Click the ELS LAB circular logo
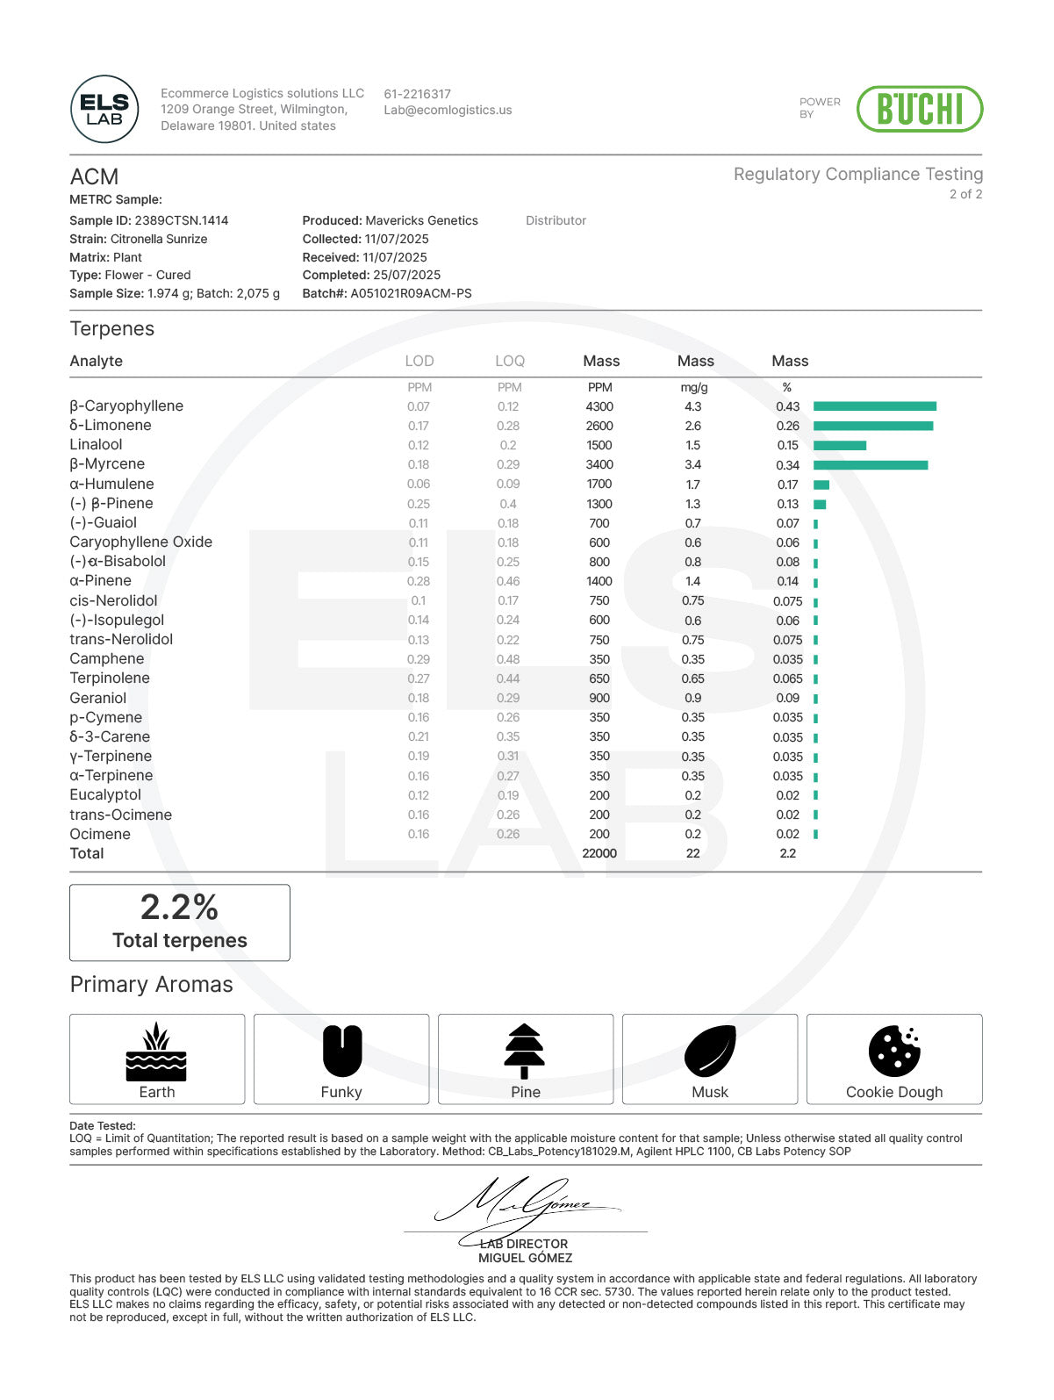coord(104,109)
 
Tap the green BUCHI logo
coord(919,109)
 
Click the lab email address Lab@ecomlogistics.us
coord(448,111)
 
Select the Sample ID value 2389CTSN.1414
coord(181,220)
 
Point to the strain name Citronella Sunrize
coord(159,239)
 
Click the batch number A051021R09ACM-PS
coord(411,293)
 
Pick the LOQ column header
coord(509,361)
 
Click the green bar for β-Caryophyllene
coord(874,406)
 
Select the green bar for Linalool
coord(839,445)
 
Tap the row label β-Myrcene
coord(107,464)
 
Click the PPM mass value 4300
coord(599,406)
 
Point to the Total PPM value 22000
coord(599,853)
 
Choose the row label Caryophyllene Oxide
coord(140,542)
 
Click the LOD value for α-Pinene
coord(419,581)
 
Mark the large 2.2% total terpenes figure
coord(179,908)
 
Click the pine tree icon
coord(525,1051)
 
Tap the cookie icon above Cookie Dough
coord(893,1051)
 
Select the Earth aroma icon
coord(156,1051)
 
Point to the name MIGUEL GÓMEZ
coord(525,1258)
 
